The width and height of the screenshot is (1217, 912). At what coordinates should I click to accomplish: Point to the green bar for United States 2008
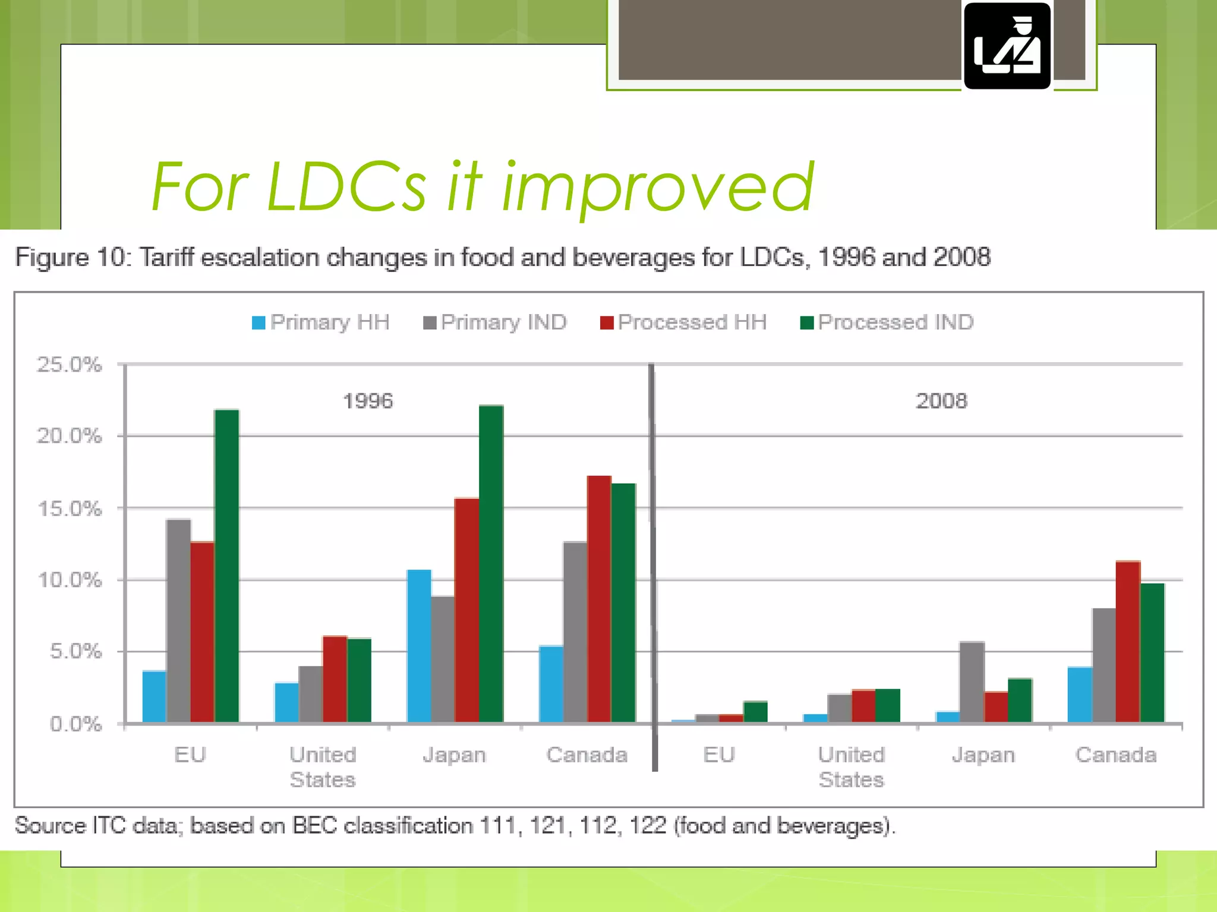pyautogui.click(x=888, y=705)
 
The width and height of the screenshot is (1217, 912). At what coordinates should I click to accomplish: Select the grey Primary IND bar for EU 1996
pyautogui.click(x=178, y=620)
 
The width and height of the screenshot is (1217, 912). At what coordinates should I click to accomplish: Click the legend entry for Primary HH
pyautogui.click(x=321, y=322)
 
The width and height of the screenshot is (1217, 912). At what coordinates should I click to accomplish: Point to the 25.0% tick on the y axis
pyautogui.click(x=70, y=365)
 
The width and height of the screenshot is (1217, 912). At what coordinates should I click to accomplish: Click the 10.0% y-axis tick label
pyautogui.click(x=70, y=580)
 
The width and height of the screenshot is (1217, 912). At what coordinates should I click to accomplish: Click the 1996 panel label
pyautogui.click(x=368, y=401)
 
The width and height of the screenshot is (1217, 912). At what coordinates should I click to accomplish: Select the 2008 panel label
pyautogui.click(x=941, y=401)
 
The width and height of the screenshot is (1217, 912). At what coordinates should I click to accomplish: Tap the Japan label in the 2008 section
pyautogui.click(x=983, y=755)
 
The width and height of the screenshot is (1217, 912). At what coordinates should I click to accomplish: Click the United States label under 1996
pyautogui.click(x=323, y=767)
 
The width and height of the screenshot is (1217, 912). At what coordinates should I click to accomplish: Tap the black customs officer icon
pyautogui.click(x=1007, y=46)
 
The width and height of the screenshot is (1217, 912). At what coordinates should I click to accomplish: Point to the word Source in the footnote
pyautogui.click(x=50, y=826)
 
